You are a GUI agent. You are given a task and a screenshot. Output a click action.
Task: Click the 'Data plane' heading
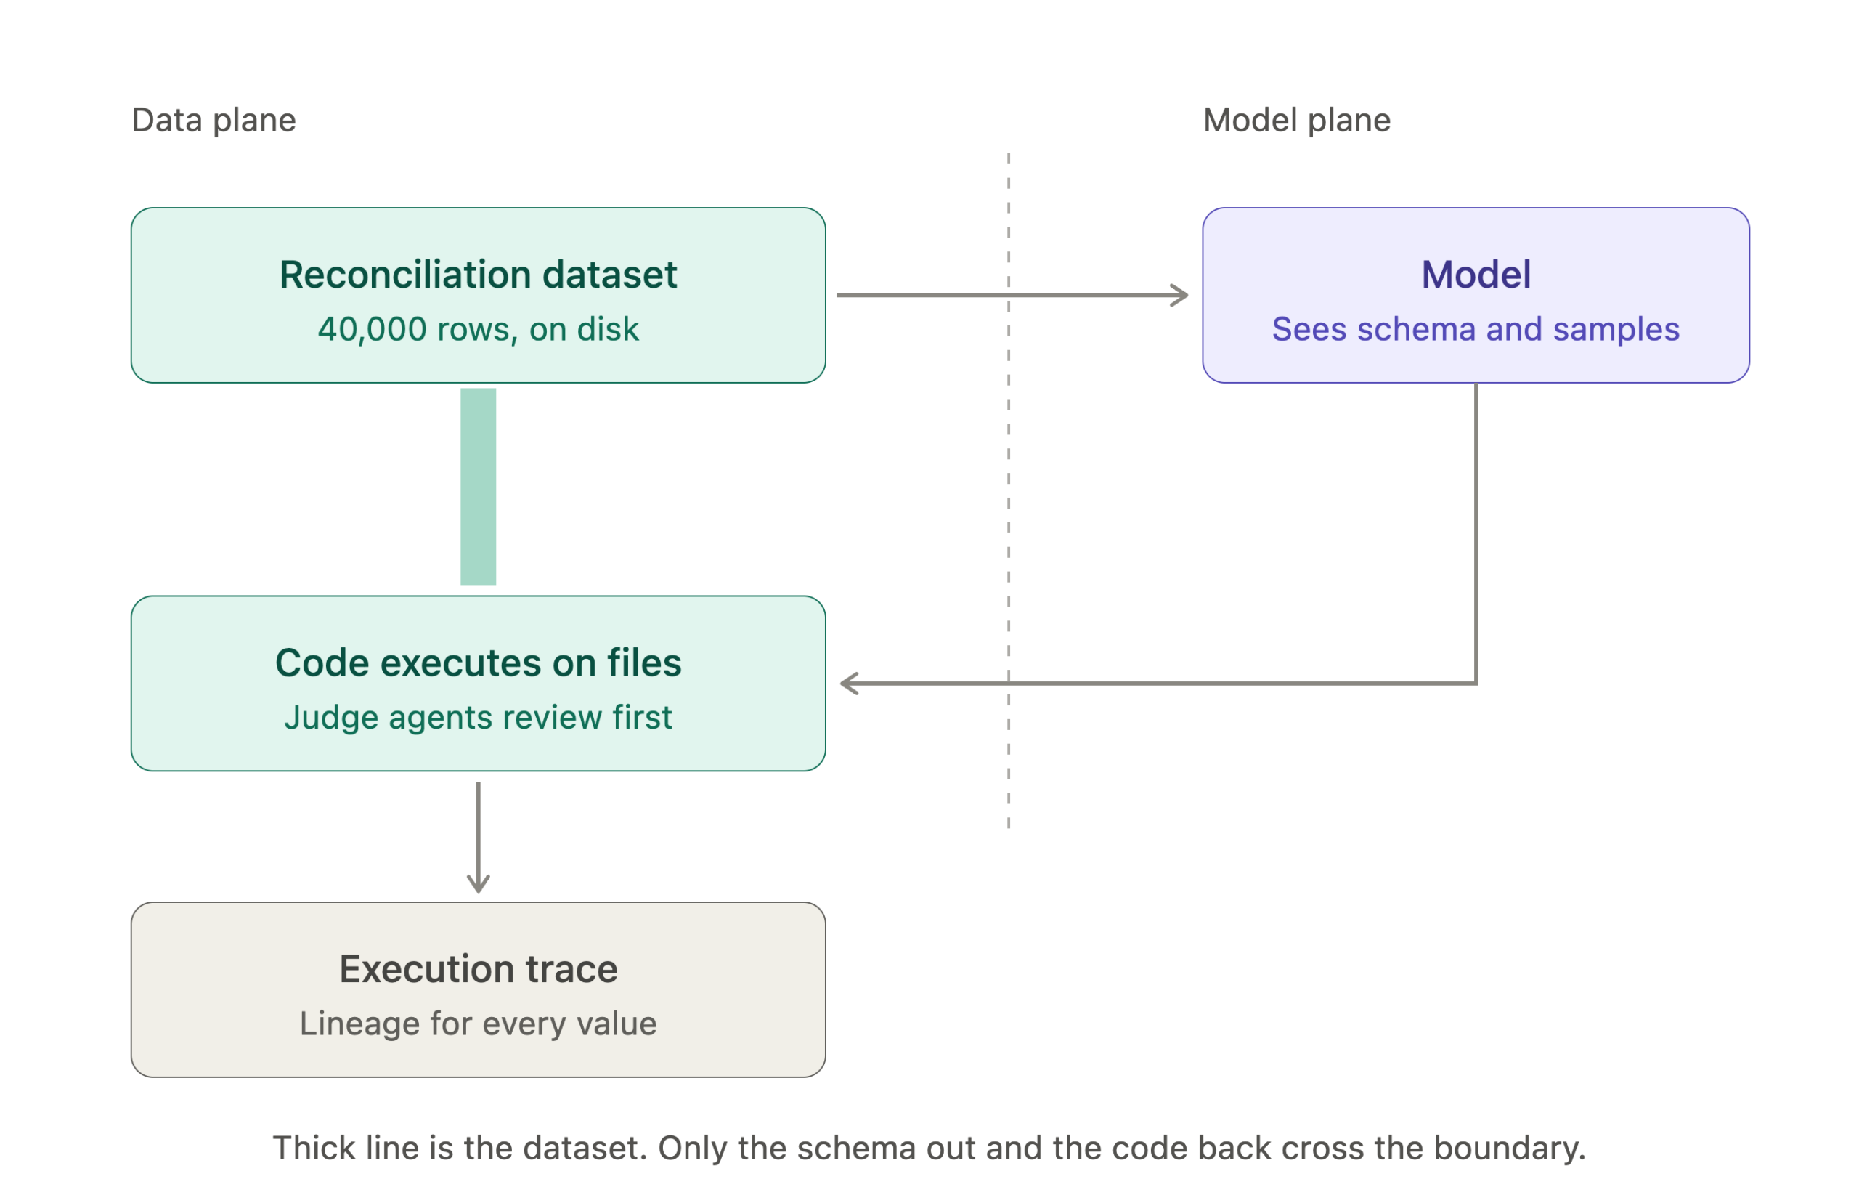(213, 121)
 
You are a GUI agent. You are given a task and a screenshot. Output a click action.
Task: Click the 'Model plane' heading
(1296, 121)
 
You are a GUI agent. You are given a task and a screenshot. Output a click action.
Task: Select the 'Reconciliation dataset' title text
(478, 274)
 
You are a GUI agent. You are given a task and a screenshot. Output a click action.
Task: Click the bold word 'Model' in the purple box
(1475, 274)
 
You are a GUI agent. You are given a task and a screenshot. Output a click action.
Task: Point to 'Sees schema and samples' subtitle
(1475, 329)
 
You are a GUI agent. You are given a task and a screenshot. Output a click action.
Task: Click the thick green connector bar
(478, 486)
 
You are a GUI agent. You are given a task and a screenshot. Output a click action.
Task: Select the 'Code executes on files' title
(478, 663)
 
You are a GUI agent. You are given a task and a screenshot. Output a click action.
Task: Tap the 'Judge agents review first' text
(478, 717)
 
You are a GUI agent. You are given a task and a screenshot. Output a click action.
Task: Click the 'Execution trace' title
(478, 968)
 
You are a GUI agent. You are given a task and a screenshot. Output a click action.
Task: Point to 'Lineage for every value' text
(478, 1024)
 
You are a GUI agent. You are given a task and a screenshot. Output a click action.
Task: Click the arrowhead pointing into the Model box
(1180, 295)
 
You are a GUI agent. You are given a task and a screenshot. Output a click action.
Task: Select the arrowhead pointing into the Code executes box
(849, 684)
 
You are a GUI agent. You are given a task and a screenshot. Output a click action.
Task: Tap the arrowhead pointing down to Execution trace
(478, 883)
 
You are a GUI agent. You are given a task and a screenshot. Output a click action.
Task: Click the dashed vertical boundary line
(1008, 490)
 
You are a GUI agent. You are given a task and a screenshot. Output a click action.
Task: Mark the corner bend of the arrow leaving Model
(1475, 684)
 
